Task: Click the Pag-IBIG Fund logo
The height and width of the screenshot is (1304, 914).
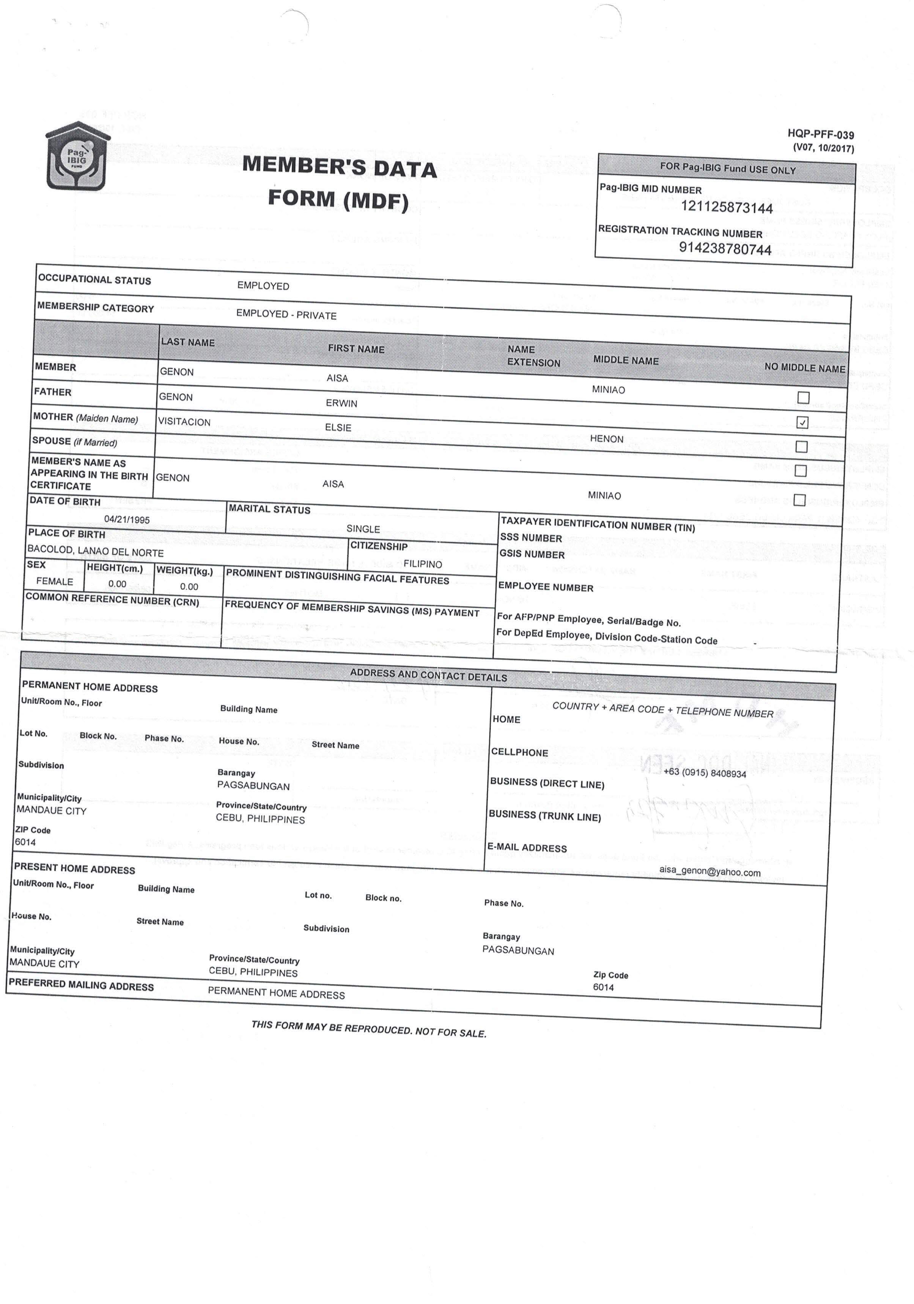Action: click(77, 156)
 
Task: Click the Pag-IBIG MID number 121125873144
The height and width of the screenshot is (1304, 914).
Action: click(727, 207)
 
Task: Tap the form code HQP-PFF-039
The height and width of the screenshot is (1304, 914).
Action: click(820, 135)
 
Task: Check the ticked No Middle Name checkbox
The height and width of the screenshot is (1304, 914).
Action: click(802, 422)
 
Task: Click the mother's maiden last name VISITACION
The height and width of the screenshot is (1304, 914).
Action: click(184, 422)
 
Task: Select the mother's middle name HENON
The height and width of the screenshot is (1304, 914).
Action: click(606, 439)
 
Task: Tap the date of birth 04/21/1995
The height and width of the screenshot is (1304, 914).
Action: click(127, 520)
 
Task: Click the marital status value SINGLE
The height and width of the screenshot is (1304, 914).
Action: click(363, 529)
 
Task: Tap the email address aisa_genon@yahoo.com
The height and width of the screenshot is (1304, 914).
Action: click(709, 872)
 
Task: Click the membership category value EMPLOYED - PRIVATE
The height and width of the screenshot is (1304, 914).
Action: click(286, 315)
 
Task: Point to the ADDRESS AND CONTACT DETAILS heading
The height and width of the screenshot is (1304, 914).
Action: click(428, 675)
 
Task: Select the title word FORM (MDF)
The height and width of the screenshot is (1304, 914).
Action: click(338, 200)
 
